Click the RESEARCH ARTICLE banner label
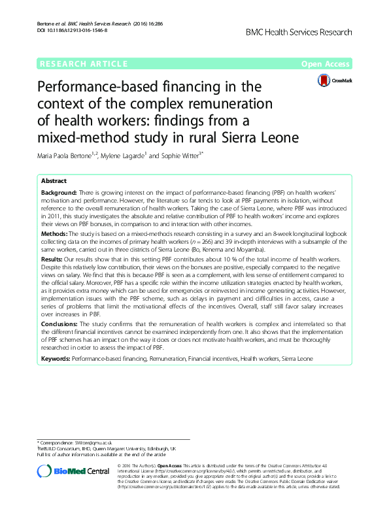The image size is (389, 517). coord(83,63)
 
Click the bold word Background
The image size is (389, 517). coord(59,194)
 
